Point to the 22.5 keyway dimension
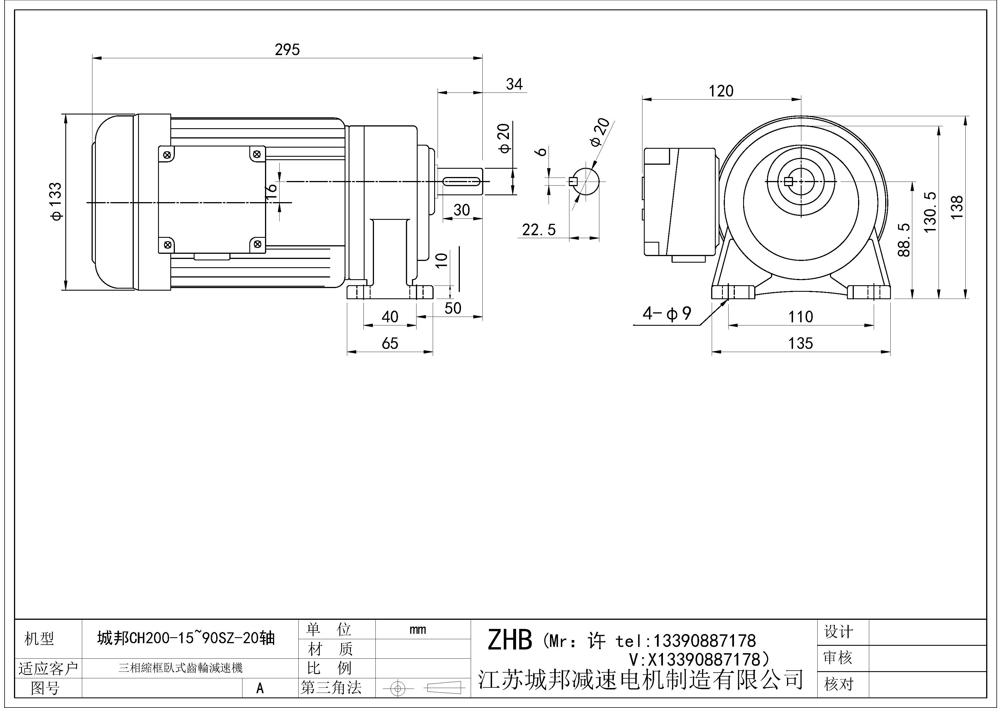point(539,230)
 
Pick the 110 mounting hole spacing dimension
point(800,317)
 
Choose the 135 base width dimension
point(800,343)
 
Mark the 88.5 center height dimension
point(905,240)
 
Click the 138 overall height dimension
point(957,207)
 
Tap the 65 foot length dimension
point(390,344)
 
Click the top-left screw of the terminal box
point(167,154)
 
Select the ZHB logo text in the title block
point(509,640)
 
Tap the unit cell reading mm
point(418,629)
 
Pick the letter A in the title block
point(260,688)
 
